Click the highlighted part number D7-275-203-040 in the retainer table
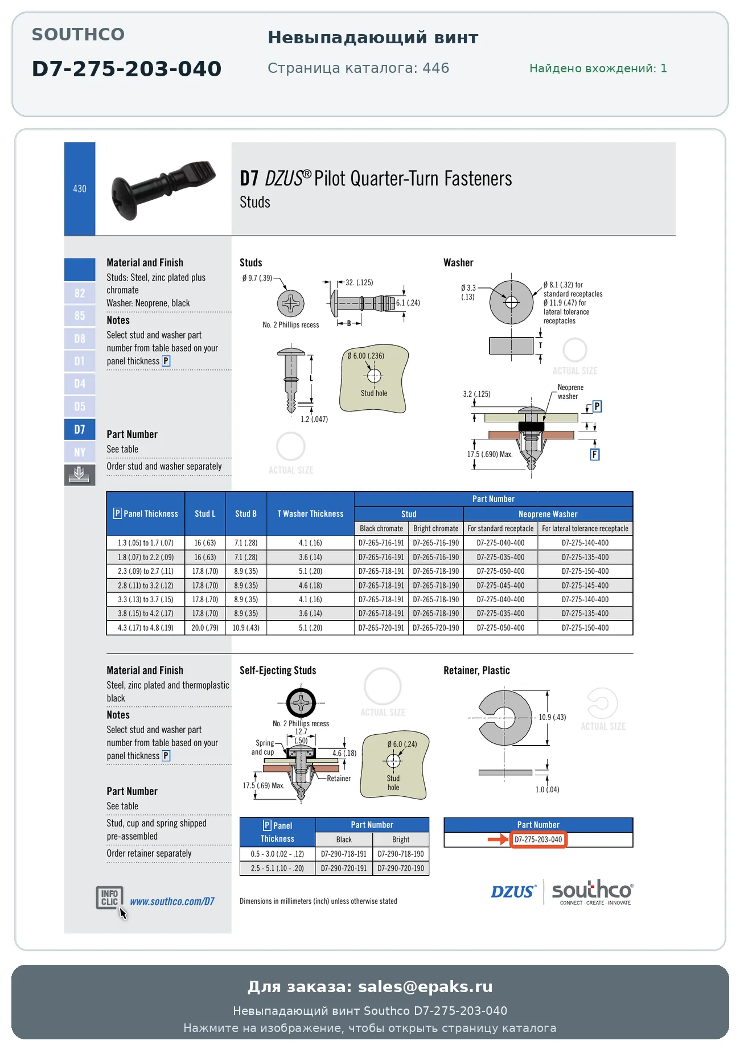538,840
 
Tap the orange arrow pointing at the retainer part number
498,840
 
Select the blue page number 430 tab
80,188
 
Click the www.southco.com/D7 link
172,902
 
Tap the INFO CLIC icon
109,898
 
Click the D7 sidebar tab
80,430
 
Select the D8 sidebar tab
80,339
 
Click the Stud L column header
205,514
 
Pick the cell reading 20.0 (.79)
205,628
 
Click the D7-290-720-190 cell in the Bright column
401,869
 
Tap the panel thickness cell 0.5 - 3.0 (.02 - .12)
277,854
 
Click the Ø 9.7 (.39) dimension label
257,278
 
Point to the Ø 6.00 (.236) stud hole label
366,356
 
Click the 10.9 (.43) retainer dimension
552,717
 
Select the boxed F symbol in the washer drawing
595,454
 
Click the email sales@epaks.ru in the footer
425,986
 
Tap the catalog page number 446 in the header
436,68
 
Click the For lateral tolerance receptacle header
585,529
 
